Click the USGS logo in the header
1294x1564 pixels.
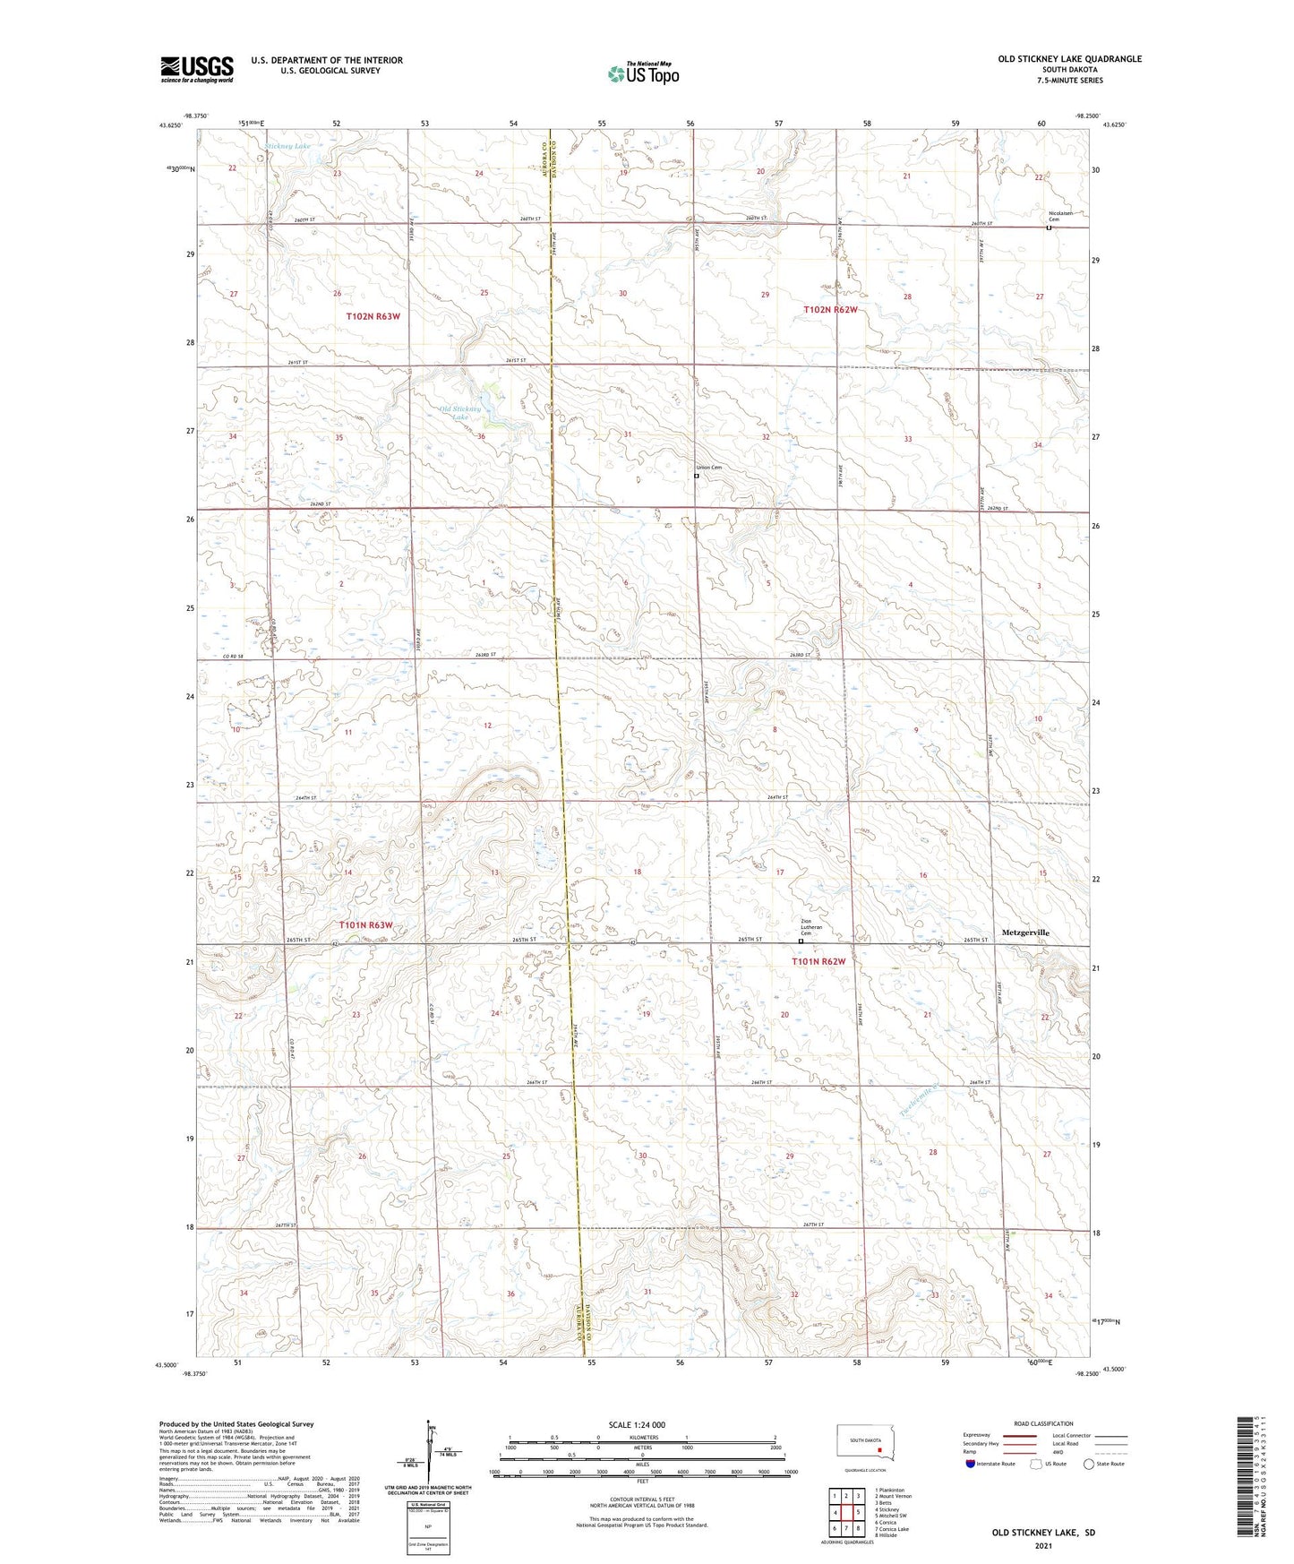197,69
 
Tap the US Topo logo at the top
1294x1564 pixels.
642,73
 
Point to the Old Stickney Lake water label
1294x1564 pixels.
461,413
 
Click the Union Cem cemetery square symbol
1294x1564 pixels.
697,476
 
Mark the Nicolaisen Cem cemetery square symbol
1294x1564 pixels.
1049,228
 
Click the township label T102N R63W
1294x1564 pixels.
373,317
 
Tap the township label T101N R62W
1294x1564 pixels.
818,962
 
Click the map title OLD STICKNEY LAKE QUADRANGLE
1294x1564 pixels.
1069,59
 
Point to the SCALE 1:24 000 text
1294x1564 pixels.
636,1425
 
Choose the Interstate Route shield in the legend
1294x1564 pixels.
971,1464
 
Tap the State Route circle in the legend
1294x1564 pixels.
1088,1464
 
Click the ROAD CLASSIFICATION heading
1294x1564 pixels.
1043,1423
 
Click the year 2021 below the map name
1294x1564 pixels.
1042,1545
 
